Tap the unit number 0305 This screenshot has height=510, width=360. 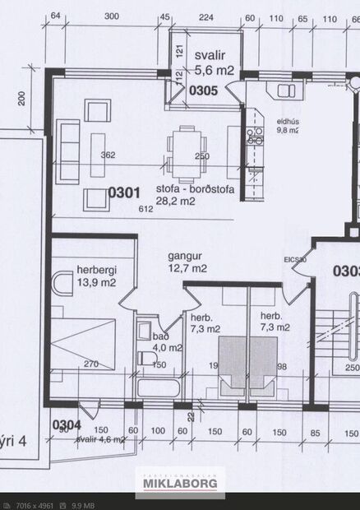tap(202, 90)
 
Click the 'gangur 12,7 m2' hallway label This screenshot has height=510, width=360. tap(188, 262)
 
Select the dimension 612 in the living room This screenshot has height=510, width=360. tap(146, 210)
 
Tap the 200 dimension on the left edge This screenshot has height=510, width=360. tap(23, 100)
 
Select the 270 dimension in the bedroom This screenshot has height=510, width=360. tap(92, 364)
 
